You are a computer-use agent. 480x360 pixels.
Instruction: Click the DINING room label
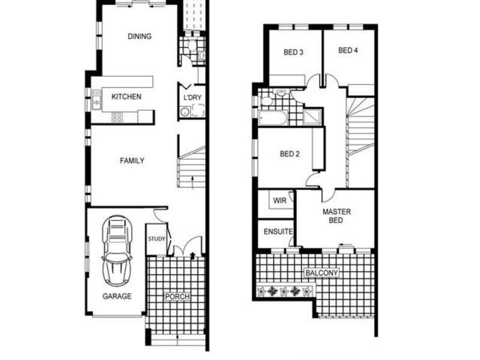tap(139, 37)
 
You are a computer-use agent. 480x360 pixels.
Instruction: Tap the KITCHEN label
tap(127, 97)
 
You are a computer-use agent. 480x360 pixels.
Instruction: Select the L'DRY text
tap(192, 98)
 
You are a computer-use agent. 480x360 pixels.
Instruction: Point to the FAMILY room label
tap(132, 161)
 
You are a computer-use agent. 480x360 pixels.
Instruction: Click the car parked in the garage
tap(117, 251)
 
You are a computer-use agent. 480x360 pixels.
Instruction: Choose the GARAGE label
tap(116, 296)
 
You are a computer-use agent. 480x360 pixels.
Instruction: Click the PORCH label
tap(177, 297)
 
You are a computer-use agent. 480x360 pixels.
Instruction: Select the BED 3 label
tap(293, 52)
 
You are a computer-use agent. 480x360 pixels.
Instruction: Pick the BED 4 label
tap(348, 51)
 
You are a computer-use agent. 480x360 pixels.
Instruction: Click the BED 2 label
tap(290, 154)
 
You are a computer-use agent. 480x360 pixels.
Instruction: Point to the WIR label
tap(280, 201)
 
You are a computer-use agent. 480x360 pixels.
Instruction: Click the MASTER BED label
tap(337, 216)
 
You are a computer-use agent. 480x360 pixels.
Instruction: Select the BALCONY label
tap(322, 273)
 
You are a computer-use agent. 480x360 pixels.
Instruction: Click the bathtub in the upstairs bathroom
tap(273, 116)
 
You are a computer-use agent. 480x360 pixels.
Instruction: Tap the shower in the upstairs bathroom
tap(313, 116)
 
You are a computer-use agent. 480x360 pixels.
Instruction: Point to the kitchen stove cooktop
tap(117, 118)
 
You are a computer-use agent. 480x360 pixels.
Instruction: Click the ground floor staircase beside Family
tap(192, 168)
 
